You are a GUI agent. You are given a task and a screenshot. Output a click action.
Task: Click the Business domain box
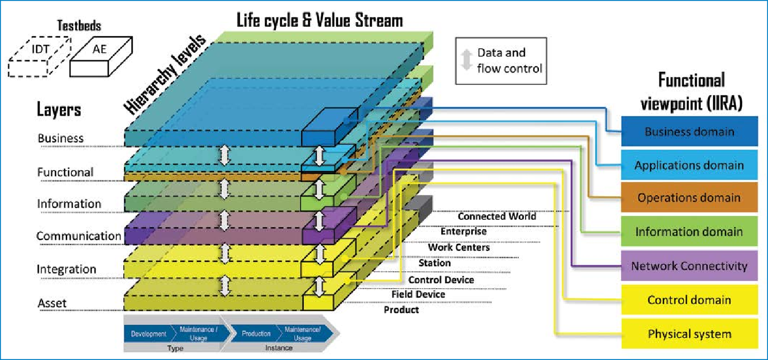click(689, 131)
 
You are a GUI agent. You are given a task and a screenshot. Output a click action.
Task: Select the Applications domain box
click(689, 165)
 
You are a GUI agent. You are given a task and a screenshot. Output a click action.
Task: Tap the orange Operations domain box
click(689, 198)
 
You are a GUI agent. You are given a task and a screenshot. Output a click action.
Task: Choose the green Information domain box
click(689, 231)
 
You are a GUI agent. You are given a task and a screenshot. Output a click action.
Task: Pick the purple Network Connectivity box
click(689, 266)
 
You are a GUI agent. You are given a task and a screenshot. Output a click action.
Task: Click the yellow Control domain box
click(689, 300)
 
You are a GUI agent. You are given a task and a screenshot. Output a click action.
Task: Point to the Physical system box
click(689, 334)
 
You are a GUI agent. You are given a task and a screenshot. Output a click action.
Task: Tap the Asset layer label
click(52, 303)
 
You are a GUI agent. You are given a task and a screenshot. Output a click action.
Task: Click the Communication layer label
click(79, 236)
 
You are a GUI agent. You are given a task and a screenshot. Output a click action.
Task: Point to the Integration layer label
click(66, 269)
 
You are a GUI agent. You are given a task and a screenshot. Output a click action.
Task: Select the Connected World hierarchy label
click(497, 216)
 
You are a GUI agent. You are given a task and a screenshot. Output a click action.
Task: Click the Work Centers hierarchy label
click(458, 247)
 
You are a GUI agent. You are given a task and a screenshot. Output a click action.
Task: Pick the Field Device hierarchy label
click(418, 294)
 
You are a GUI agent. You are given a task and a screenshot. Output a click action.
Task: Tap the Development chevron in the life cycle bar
click(148, 334)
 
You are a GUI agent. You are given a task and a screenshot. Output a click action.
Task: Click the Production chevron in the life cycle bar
click(256, 334)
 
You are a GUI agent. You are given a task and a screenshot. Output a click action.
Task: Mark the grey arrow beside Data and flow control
click(465, 60)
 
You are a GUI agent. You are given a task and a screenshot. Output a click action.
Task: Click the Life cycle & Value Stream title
click(319, 20)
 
